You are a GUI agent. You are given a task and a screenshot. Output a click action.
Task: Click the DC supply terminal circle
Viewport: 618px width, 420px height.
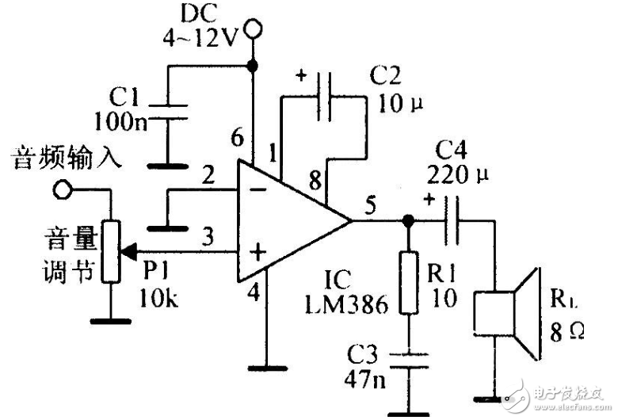click(254, 31)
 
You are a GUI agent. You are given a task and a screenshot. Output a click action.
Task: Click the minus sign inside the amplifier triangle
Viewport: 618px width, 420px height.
click(257, 190)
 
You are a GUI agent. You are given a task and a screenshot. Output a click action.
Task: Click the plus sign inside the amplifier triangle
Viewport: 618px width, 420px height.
click(257, 253)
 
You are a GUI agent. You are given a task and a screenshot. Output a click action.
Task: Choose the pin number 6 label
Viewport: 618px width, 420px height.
click(237, 138)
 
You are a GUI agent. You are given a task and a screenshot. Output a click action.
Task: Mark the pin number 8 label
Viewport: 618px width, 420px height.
click(315, 181)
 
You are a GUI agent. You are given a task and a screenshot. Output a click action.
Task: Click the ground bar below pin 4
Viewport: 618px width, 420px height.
click(271, 367)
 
